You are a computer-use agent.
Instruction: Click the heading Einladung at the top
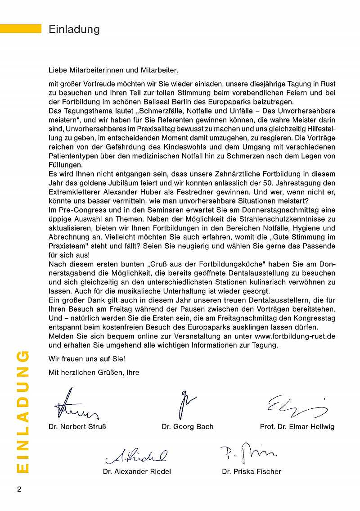pos(74,30)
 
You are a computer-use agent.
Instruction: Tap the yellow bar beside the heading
pos(21,29)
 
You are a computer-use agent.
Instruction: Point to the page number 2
pos(19,489)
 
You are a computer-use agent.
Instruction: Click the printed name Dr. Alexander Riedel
pos(137,471)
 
